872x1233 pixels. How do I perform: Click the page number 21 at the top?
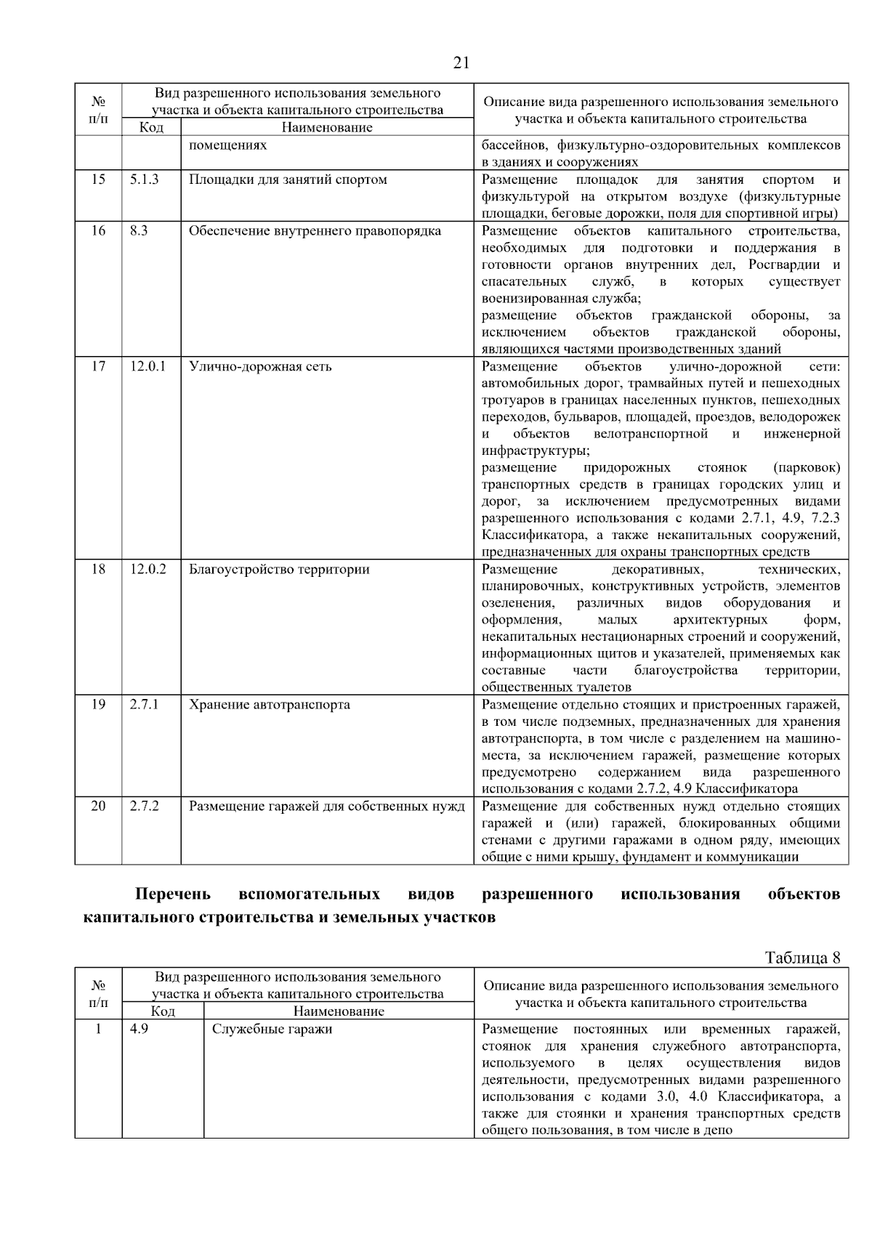[x=461, y=63]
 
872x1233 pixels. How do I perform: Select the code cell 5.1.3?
[x=144, y=179]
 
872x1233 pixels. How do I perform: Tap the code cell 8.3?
[x=139, y=230]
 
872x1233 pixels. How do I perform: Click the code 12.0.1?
[x=148, y=366]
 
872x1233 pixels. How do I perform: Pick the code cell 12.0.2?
[x=148, y=569]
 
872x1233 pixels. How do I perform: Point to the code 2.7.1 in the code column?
[x=144, y=704]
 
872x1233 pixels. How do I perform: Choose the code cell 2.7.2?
[x=144, y=806]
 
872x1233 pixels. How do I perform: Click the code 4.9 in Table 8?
[x=139, y=1029]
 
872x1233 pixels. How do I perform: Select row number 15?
[x=97, y=179]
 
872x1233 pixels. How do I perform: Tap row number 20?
[x=97, y=806]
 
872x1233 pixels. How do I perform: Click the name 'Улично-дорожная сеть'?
[x=260, y=366]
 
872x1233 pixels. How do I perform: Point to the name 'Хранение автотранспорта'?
[x=269, y=704]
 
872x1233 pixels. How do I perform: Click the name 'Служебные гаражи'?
[x=272, y=1029]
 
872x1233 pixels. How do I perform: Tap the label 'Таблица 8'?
[x=803, y=957]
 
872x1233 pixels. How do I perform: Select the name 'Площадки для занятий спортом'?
[x=288, y=179]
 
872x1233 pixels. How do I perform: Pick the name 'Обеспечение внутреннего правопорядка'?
[x=315, y=230]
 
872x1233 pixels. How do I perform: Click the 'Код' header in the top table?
[x=150, y=128]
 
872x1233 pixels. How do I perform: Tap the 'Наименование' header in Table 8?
[x=339, y=1011]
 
